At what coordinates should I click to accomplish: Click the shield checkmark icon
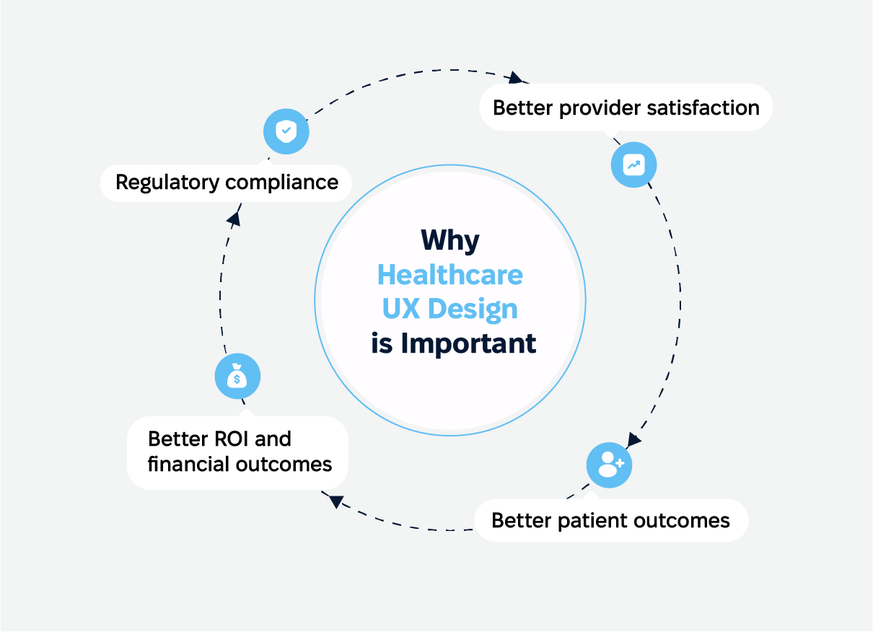click(286, 131)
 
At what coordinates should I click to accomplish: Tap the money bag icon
click(237, 377)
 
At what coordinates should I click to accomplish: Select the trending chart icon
click(633, 165)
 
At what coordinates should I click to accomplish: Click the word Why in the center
click(450, 240)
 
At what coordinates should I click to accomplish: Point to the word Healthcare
click(450, 275)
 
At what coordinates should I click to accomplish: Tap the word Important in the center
click(468, 343)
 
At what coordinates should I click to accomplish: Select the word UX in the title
click(401, 309)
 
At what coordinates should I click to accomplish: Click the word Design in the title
click(473, 309)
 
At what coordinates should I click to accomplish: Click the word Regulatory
click(168, 182)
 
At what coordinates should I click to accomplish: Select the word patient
click(584, 520)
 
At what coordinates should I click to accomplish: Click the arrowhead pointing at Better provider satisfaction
click(515, 77)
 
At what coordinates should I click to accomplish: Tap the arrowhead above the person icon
click(633, 439)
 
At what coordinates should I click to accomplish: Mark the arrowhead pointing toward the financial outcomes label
click(333, 500)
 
